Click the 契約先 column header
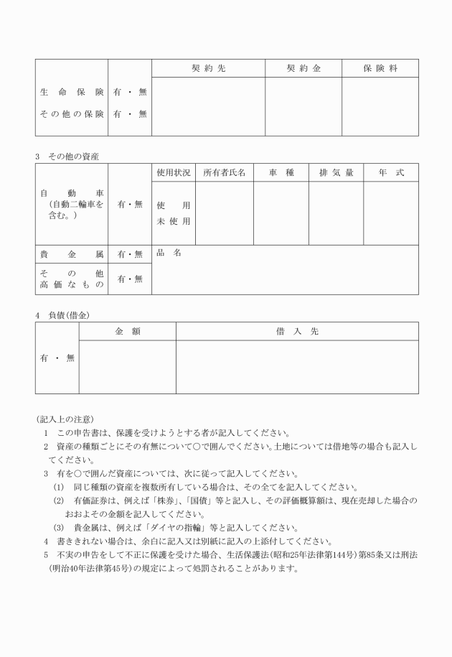click(x=208, y=68)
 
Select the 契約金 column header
click(x=303, y=68)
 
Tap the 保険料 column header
click(x=380, y=68)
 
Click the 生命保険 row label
click(x=72, y=93)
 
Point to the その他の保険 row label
click(x=72, y=113)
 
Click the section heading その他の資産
click(x=73, y=156)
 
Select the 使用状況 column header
click(x=174, y=173)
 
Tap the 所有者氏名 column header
click(x=225, y=173)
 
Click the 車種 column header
click(x=282, y=173)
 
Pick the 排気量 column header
click(x=336, y=173)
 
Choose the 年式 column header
click(x=391, y=173)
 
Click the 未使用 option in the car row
click(x=174, y=221)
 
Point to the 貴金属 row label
click(x=72, y=253)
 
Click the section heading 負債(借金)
click(x=68, y=314)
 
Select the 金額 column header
click(x=127, y=331)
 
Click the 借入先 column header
click(x=297, y=331)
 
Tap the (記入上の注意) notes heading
click(x=64, y=419)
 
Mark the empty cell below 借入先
click(x=297, y=366)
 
